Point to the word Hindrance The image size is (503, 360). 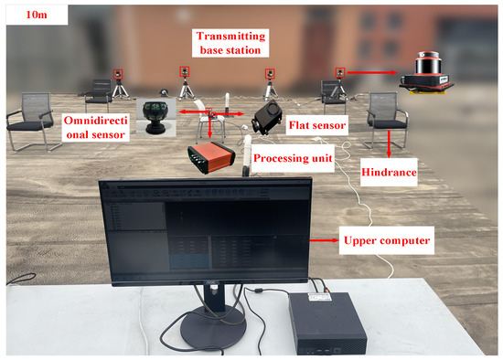(x=387, y=171)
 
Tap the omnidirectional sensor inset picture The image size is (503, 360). (x=155, y=116)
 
